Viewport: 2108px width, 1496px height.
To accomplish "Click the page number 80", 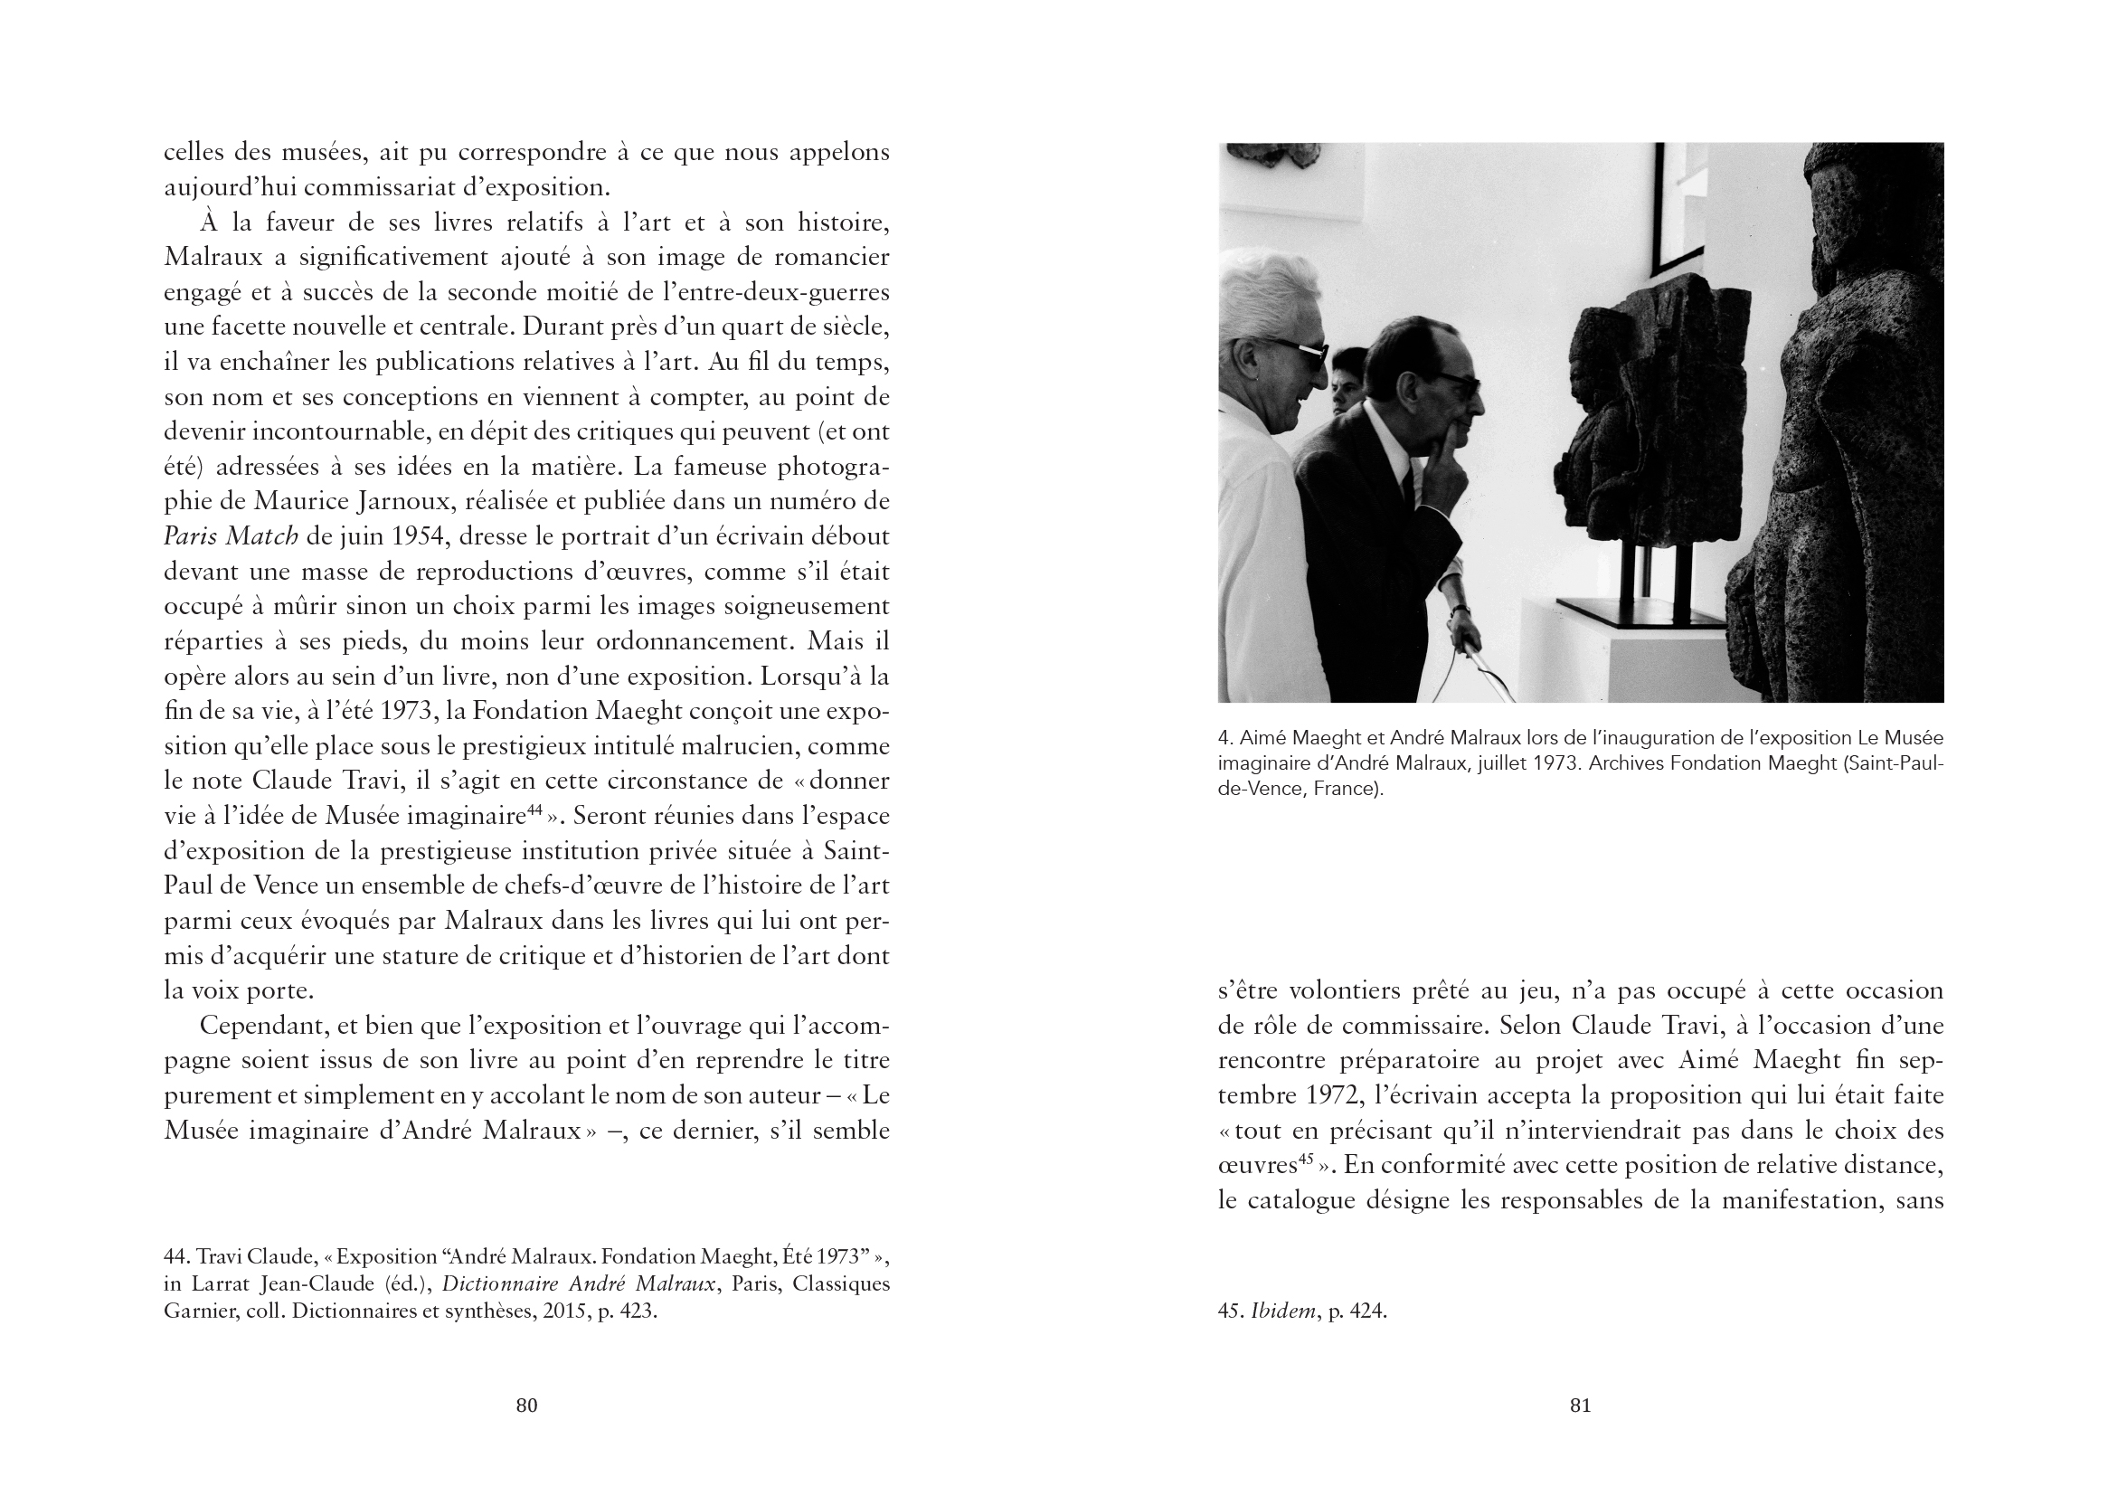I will (525, 1405).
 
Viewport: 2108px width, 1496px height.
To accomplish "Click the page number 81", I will (1580, 1405).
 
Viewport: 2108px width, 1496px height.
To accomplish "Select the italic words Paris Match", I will (232, 536).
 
